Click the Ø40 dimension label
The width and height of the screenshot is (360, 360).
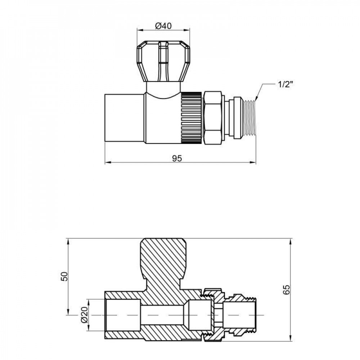click(163, 26)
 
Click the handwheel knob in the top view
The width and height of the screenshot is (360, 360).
click(163, 61)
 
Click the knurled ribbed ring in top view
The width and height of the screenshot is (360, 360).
click(191, 117)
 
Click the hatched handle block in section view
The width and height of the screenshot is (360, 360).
click(164, 259)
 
